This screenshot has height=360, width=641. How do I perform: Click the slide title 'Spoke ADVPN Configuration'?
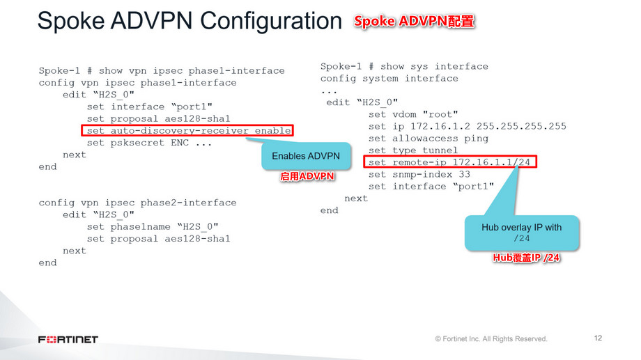tap(190, 22)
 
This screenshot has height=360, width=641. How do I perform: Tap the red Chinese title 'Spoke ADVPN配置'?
tap(415, 22)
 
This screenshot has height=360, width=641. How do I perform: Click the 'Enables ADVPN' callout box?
tap(305, 156)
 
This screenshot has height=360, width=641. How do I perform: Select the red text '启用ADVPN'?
tap(307, 177)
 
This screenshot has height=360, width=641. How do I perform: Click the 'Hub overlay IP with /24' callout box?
tap(521, 233)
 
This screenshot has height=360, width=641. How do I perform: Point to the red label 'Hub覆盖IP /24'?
tap(527, 258)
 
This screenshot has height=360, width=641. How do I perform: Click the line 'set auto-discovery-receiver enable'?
tap(187, 131)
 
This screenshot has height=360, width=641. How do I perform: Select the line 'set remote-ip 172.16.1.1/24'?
tap(451, 162)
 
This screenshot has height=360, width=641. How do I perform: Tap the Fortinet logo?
tap(68, 339)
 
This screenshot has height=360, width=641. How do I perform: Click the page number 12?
tap(598, 338)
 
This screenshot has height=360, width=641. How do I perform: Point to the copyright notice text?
tap(491, 339)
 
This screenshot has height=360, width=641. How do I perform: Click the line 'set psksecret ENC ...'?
tap(150, 143)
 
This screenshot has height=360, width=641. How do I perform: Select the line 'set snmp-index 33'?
tap(419, 174)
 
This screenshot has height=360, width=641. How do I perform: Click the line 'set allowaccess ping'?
tap(428, 139)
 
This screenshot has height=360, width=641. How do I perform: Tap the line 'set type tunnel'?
tap(413, 150)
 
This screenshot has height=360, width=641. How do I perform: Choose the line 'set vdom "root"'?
tap(413, 114)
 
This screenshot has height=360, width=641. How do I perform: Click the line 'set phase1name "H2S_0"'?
tap(153, 226)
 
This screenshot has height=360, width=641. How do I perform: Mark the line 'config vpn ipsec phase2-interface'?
tap(137, 203)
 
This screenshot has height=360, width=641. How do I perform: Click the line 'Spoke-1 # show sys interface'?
tap(404, 66)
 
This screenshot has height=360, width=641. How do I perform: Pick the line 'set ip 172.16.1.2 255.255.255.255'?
tap(468, 126)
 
